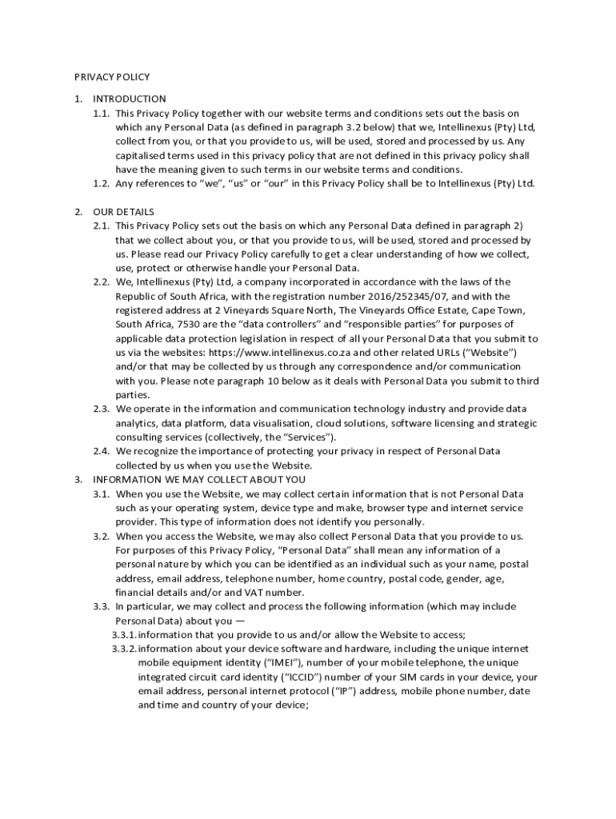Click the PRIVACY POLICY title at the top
(112, 77)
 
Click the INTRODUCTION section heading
(130, 99)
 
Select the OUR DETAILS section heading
(124, 212)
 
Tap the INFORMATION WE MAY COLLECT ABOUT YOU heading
(199, 480)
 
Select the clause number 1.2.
(101, 184)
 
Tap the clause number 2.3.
(101, 409)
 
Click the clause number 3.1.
(101, 494)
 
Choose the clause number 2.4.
(101, 452)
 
